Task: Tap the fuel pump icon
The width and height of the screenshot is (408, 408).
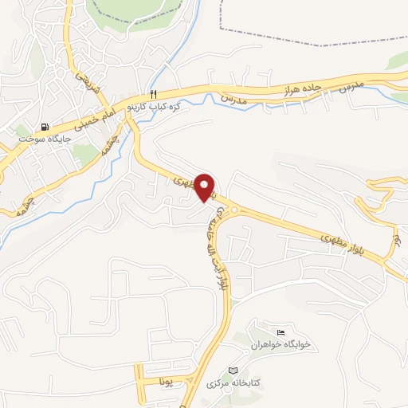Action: tap(44, 127)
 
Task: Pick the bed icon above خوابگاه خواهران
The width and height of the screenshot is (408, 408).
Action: tap(280, 332)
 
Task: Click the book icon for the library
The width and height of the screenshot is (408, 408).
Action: tap(233, 371)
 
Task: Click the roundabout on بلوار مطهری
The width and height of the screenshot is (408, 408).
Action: tap(233, 210)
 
